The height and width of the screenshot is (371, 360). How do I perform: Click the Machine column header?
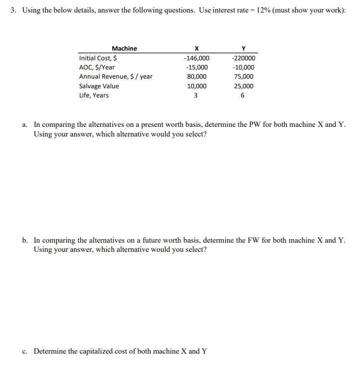(124, 48)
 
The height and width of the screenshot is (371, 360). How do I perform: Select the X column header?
(196, 48)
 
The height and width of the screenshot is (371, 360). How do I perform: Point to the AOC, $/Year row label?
(97, 68)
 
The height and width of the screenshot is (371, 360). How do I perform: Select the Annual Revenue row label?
(116, 77)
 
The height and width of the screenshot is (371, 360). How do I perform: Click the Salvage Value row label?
(99, 86)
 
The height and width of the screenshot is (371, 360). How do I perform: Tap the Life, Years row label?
(94, 96)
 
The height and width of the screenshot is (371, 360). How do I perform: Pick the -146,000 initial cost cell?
(196, 58)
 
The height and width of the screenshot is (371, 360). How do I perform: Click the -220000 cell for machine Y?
(243, 58)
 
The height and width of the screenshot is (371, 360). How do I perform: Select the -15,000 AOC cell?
(196, 68)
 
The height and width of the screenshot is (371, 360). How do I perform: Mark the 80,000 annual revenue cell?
(197, 77)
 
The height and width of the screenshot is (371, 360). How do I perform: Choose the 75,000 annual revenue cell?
(244, 77)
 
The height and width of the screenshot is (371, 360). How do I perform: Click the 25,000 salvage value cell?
(244, 86)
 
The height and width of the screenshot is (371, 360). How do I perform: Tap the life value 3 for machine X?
(196, 96)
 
